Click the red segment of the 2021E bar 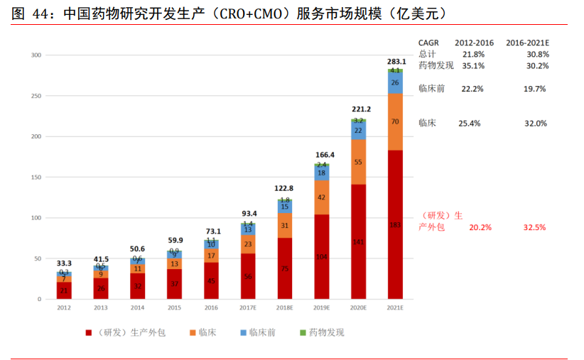395,224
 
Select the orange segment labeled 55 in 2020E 358,162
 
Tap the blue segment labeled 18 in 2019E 322,173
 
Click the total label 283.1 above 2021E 396,62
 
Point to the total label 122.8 284,189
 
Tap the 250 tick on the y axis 37,96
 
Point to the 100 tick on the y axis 37,218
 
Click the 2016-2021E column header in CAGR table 527,43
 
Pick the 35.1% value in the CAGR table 472,65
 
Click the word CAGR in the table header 429,43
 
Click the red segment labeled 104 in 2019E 322,256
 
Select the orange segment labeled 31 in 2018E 284,225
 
